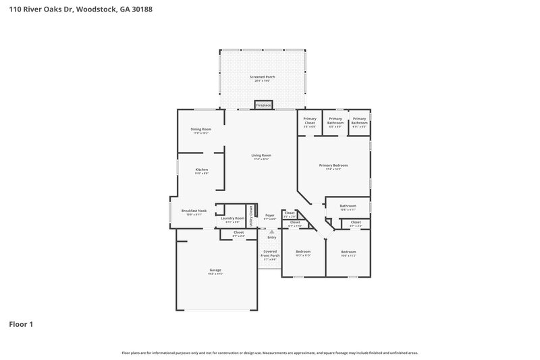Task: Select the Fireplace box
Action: tap(263, 105)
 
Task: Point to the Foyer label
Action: tap(269, 216)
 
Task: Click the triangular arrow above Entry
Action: tap(272, 232)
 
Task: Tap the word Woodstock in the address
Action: tap(101, 10)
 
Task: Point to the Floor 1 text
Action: tap(21, 324)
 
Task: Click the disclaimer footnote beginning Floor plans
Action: tap(269, 353)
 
